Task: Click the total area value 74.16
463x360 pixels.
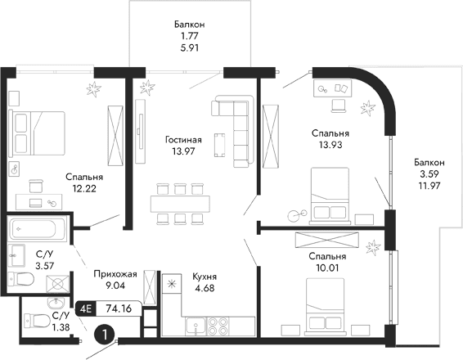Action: pyautogui.click(x=119, y=308)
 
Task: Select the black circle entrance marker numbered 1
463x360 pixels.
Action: pyautogui.click(x=104, y=335)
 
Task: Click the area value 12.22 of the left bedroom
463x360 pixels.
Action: pyautogui.click(x=85, y=188)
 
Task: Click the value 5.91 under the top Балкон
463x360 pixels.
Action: pyautogui.click(x=190, y=47)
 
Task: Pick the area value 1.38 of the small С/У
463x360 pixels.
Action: pyautogui.click(x=61, y=326)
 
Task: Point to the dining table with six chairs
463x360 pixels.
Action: pyautogui.click(x=179, y=202)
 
